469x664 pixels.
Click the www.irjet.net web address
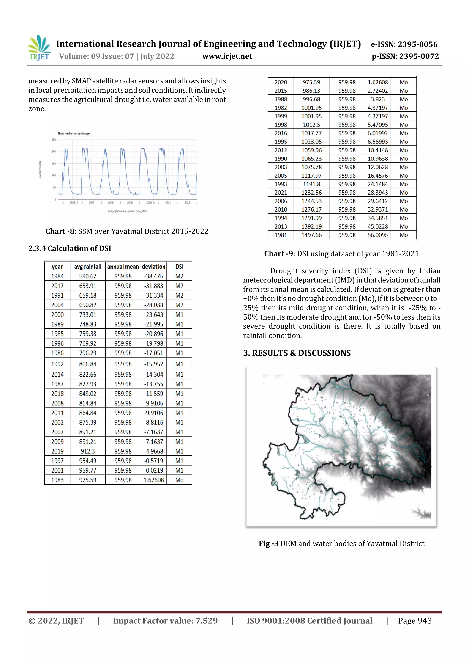pos(227,56)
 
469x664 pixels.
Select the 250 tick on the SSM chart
pos(54,140)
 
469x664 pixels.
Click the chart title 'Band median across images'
pos(74,134)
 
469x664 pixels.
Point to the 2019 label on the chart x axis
pos(130,203)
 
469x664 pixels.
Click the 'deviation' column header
pos(153,267)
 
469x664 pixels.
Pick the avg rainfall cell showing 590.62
pos(87,276)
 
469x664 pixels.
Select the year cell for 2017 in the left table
pos(57,286)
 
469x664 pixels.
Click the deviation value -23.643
pos(153,315)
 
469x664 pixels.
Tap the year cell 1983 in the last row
pos(57,480)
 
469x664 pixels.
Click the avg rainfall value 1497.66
pos(311,235)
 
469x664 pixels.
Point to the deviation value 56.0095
pos(377,235)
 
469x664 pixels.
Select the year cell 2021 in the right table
pos(281,193)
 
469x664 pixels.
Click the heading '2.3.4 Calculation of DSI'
pos(70,248)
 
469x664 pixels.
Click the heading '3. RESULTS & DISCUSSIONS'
pos(297,353)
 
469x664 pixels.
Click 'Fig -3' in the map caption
pos(268,544)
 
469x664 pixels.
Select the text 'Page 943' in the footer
pos(415,621)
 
